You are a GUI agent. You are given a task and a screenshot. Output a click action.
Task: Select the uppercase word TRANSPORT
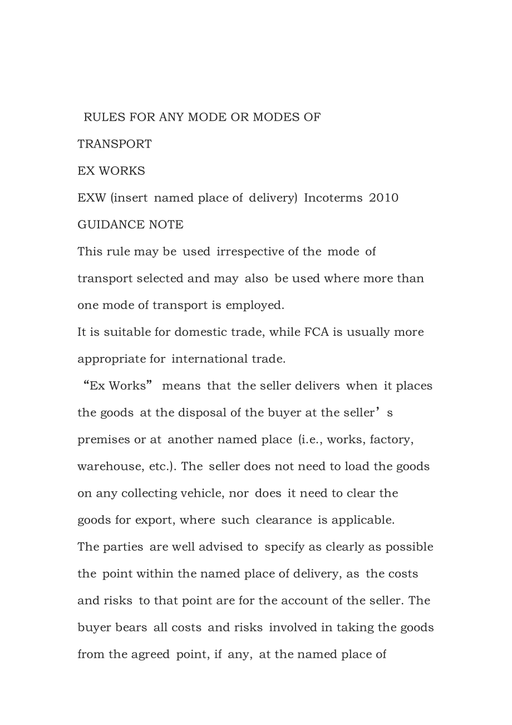[115, 144]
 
